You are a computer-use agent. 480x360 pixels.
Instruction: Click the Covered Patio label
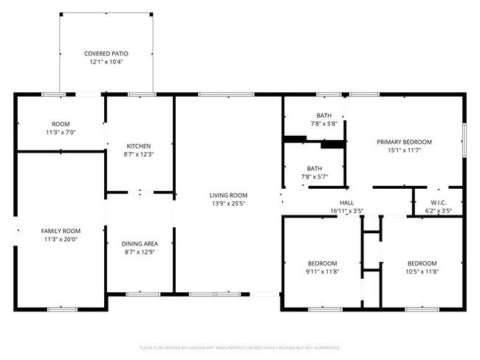pos(106,54)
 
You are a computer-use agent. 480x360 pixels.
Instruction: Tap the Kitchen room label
pos(139,145)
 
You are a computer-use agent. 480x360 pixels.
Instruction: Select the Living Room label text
pos(228,195)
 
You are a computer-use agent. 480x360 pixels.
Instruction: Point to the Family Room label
pos(61,231)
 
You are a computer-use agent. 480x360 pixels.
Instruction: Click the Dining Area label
pos(139,243)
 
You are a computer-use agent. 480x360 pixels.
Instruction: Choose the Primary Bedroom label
pos(404,142)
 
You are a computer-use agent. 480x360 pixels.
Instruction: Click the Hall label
pos(347,203)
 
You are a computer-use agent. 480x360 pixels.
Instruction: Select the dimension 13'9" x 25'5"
pos(228,203)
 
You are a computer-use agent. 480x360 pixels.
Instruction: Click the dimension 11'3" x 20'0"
pos(61,239)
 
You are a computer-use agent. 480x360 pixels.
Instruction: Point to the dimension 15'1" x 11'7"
pos(404,150)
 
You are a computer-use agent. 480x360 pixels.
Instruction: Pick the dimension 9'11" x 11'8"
pos(323,271)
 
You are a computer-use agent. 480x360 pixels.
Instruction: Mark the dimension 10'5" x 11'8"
pos(422,271)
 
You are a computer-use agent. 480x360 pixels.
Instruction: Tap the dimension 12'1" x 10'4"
pos(106,62)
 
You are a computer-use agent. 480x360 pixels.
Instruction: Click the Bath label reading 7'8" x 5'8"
pos(325,120)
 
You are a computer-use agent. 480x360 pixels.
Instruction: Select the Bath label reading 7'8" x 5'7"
pos(315,172)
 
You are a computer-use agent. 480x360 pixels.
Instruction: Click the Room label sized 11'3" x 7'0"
pos(61,128)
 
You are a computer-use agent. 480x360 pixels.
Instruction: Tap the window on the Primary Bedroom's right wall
pos(464,139)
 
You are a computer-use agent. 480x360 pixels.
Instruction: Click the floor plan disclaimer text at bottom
pos(239,347)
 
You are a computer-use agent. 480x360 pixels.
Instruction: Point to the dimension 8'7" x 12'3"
pos(139,153)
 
